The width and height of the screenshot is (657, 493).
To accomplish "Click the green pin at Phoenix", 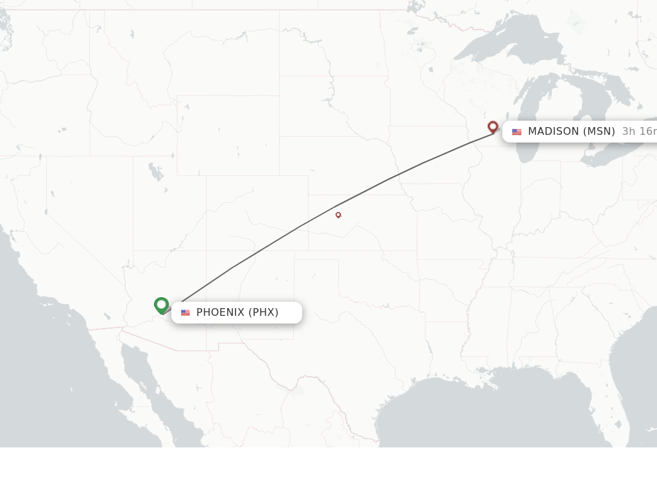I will point(161,305).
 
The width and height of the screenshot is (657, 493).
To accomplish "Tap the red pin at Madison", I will point(493,126).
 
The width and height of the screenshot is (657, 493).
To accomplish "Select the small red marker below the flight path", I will point(338,215).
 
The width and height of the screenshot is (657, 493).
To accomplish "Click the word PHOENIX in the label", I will point(220,313).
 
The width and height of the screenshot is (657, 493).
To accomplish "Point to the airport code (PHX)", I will point(264,313).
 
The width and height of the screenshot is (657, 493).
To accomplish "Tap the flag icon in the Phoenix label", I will point(185,313).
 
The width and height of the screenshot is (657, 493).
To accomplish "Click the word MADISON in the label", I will point(553,132).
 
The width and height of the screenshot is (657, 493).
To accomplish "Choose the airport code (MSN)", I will point(599,132).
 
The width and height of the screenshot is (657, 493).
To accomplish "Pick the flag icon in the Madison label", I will point(516,132).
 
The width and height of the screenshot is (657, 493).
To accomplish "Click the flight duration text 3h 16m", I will point(639,132).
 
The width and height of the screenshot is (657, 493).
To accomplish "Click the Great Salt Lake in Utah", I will point(156,171).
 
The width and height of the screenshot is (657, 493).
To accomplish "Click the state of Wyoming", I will point(228,135).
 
